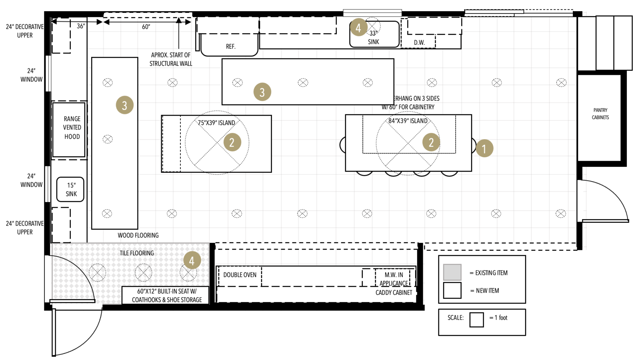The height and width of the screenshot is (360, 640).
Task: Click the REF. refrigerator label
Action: pos(230,46)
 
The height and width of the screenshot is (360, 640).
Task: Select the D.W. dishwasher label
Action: pos(419,42)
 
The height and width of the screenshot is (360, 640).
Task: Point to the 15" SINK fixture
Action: pos(70,189)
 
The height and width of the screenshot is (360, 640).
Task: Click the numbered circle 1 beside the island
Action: pos(484,148)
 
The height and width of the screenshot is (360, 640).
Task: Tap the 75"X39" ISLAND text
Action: pos(216,123)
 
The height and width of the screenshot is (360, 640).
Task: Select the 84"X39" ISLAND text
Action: pos(408,121)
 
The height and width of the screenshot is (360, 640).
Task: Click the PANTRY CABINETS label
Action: pos(600,114)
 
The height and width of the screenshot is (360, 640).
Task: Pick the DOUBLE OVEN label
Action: pos(240,275)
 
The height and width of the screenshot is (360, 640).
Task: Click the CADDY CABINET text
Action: pos(394,292)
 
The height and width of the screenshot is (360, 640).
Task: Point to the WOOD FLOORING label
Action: pos(138,235)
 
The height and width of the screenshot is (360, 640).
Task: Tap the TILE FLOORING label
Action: pos(136,253)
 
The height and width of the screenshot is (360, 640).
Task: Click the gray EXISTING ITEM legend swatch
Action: pos(452,272)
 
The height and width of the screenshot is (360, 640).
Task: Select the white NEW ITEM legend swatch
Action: pos(452,290)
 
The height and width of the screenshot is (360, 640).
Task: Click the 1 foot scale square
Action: pos(476,320)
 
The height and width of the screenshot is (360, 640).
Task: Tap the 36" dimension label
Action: pos(81,26)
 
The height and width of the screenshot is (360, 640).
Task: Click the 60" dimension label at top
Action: pos(146,27)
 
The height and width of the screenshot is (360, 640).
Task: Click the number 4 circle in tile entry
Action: pos(192,260)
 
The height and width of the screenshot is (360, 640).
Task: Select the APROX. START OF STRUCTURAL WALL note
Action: pos(171,59)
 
